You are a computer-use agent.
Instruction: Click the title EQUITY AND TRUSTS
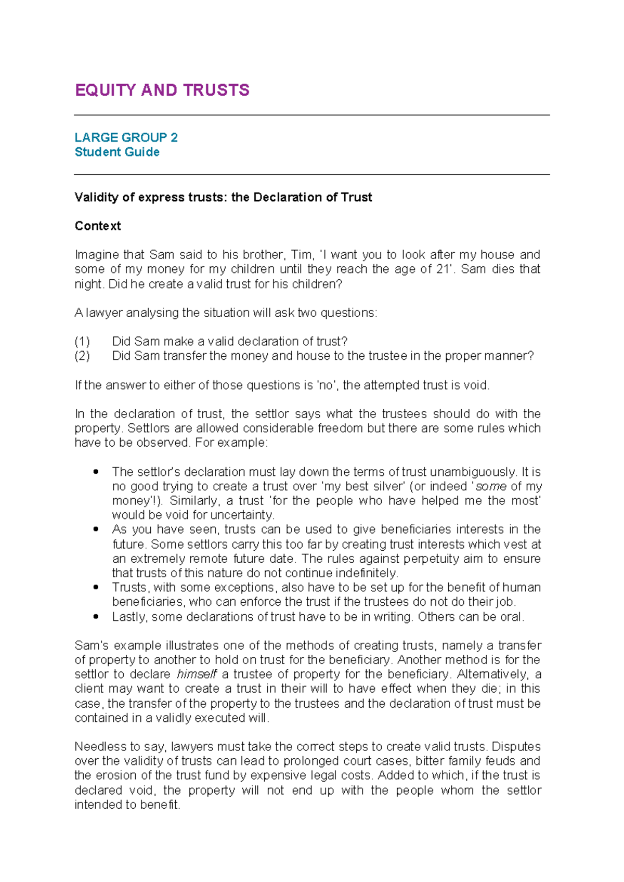click(162, 90)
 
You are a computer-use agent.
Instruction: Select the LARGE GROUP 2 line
click(126, 137)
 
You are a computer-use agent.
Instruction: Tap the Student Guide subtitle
click(117, 152)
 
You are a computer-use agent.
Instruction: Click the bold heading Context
click(98, 226)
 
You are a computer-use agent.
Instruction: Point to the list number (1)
click(82, 342)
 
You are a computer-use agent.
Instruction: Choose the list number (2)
click(82, 356)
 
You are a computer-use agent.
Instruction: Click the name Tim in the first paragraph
click(302, 255)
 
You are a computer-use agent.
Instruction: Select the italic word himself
click(197, 675)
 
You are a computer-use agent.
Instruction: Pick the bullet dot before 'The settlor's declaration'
click(96, 472)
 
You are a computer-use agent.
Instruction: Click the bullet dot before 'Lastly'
click(96, 617)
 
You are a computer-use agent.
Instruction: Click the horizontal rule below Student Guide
click(312, 175)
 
